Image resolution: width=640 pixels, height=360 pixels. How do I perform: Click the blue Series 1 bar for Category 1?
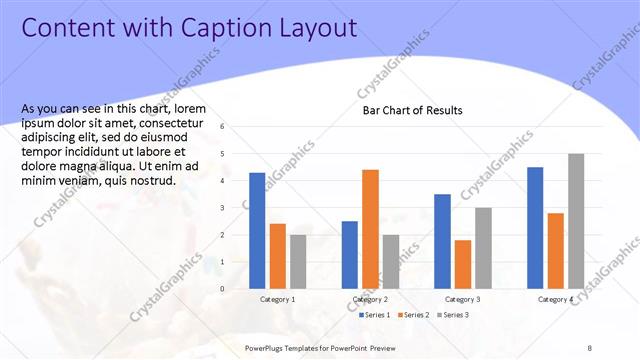257,231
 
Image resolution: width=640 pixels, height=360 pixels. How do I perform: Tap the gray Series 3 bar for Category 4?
576,221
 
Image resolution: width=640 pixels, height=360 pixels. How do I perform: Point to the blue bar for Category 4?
535,228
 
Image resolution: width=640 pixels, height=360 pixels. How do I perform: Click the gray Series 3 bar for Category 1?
298,262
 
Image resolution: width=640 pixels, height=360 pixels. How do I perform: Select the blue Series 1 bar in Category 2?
350,255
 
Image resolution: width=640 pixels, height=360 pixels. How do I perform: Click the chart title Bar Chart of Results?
412,110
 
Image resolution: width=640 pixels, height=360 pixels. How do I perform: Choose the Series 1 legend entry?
374,315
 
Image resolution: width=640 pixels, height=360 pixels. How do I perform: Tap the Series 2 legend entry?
413,315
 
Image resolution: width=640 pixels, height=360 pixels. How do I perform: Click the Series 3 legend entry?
452,315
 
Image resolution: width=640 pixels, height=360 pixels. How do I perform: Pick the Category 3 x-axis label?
463,300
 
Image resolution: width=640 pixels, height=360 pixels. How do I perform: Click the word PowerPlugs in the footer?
268,347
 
